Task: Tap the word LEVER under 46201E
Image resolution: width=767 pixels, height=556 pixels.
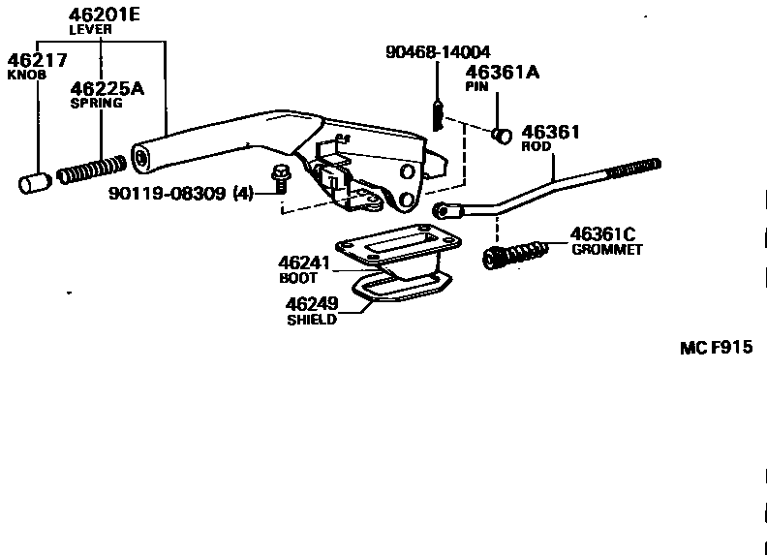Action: coord(91,29)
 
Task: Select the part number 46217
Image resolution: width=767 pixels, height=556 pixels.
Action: coord(38,59)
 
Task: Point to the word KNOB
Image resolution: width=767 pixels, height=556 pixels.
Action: coord(23,74)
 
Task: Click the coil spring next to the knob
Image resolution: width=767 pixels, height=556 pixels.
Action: coord(90,170)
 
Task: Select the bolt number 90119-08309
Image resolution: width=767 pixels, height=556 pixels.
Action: coord(169,194)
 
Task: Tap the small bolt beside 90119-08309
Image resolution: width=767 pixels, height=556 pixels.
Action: coord(279,180)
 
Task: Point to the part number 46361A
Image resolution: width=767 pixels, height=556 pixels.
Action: coord(504,72)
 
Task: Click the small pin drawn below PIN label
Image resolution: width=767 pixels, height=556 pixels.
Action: coord(502,134)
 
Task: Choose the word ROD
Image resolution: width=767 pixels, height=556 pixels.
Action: coord(535,147)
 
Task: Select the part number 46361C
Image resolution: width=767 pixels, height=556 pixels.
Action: coord(602,233)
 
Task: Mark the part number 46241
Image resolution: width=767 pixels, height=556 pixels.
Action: coord(305,263)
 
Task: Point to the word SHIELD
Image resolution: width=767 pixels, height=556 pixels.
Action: coord(312,321)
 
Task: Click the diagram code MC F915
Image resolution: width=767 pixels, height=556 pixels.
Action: coord(716,348)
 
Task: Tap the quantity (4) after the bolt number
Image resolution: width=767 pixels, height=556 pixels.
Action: coord(242,194)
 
